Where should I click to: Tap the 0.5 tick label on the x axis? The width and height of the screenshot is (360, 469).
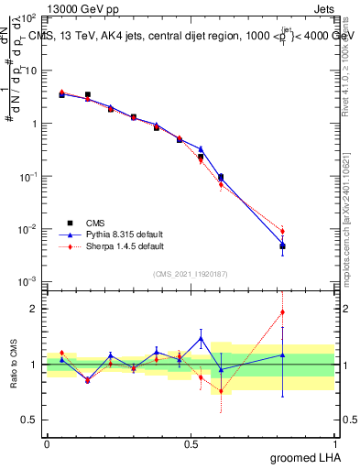(x=191, y=444)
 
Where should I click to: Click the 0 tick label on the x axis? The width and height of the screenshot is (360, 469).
(x=47, y=444)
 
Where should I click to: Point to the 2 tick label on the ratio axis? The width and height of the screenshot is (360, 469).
(x=33, y=309)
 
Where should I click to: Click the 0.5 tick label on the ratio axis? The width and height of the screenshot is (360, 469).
(x=29, y=420)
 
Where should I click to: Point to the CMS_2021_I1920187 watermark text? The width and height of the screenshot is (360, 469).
(x=191, y=274)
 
